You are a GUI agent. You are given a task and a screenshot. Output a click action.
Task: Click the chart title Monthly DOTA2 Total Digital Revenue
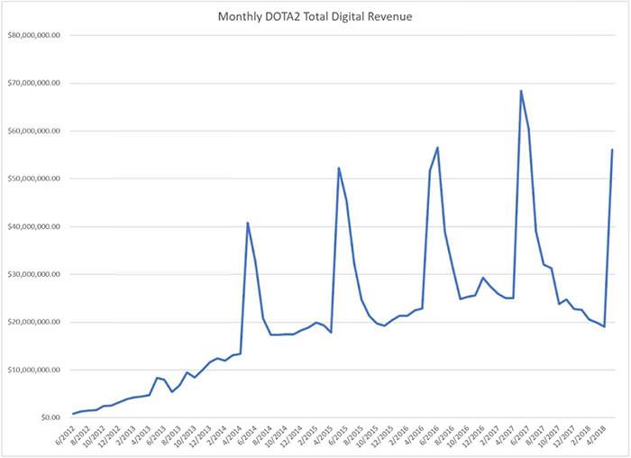[x=315, y=17]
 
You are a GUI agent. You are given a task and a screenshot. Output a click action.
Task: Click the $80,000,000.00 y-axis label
[x=33, y=36]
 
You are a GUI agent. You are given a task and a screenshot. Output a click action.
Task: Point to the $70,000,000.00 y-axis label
[x=33, y=84]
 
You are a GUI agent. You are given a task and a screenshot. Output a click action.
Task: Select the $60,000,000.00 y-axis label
[x=33, y=132]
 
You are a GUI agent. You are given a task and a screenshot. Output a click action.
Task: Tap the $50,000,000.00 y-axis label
[x=33, y=179]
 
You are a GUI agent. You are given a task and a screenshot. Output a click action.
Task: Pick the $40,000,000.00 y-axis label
[x=33, y=227]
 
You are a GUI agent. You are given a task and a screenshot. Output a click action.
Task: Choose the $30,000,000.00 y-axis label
[x=33, y=275]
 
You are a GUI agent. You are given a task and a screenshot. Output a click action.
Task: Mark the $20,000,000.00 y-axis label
[x=33, y=323]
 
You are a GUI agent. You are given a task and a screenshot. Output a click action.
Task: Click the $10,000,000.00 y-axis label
[x=33, y=371]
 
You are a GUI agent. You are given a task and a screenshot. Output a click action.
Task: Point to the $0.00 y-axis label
[x=46, y=418]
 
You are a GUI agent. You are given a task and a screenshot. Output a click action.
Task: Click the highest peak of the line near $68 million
[x=521, y=90]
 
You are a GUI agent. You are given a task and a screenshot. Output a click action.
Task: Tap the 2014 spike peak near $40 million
[x=248, y=223]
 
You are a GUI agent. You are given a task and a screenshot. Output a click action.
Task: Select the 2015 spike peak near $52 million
[x=339, y=168]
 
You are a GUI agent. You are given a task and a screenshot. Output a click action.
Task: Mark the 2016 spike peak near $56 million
[x=438, y=147]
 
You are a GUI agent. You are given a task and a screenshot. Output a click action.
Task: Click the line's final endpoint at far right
[x=612, y=150]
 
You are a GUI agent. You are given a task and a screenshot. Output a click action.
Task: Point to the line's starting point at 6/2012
[x=73, y=414]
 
